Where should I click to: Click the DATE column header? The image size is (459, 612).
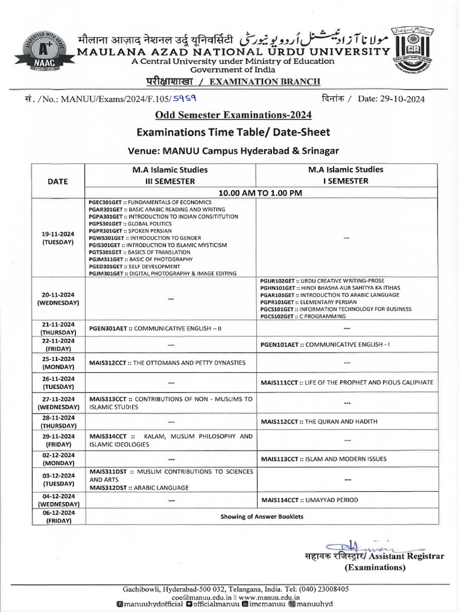(58, 182)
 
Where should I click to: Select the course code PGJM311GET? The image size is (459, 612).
(106, 259)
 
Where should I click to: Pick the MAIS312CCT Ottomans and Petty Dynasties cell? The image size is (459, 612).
(167, 362)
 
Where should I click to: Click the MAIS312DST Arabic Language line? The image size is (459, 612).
(139, 487)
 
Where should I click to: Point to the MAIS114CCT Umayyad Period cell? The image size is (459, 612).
(310, 499)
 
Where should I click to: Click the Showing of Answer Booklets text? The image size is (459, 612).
(261, 516)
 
